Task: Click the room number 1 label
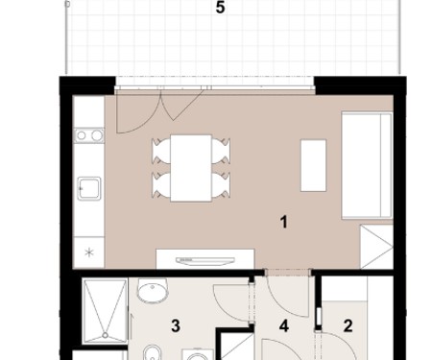283,222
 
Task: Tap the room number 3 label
176,326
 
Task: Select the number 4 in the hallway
284,326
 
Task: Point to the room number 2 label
348,326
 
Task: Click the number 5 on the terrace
220,8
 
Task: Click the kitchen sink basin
89,188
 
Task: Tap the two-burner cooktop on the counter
89,135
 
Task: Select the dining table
191,168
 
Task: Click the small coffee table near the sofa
313,165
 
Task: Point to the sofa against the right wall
367,165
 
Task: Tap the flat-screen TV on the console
205,261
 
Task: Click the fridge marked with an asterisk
89,252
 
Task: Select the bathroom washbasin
153,290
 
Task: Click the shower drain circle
106,335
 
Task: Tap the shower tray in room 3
105,311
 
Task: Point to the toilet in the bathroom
150,352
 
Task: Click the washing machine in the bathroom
198,354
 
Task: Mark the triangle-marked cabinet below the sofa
377,247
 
